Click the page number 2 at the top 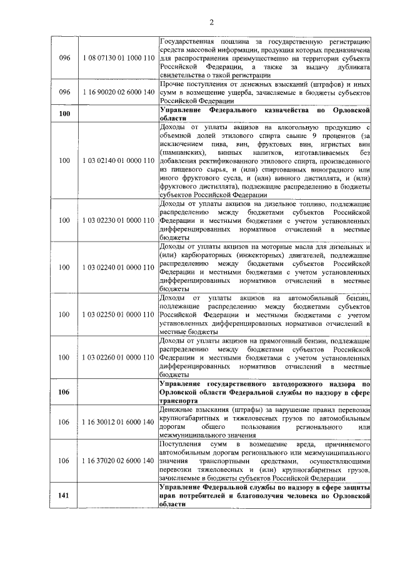pos(212,24)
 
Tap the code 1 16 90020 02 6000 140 pos(118,92)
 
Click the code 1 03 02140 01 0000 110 pos(118,160)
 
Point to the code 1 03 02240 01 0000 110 pos(118,267)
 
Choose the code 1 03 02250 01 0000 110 pos(118,314)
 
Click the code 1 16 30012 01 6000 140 pos(118,422)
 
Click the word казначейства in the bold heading pos(293,109)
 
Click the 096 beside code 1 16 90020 pos(64,92)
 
